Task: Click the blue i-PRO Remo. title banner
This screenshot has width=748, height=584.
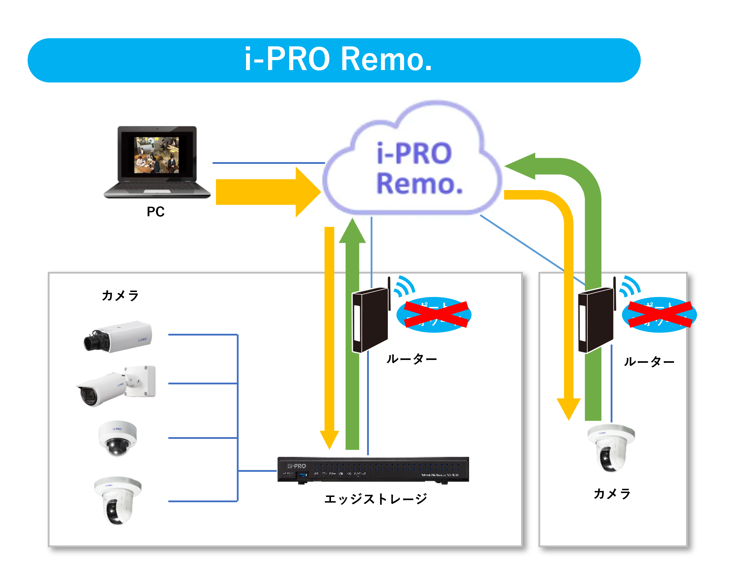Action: coord(334,60)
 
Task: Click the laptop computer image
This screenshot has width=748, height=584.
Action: coord(157,162)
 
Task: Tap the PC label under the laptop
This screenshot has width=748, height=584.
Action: coord(155,212)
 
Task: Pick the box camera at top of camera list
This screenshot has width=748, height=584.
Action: coord(118,337)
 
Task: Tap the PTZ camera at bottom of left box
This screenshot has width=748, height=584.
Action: coord(118,499)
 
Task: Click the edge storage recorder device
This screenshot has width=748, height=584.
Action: coord(373,469)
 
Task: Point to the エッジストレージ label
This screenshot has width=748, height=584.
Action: coord(376,499)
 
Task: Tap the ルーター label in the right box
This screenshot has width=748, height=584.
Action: coord(649,362)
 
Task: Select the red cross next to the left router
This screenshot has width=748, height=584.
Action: coord(436,314)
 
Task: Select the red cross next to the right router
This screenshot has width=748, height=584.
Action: coord(660,314)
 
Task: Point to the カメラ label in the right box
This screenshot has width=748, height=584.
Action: coord(612,493)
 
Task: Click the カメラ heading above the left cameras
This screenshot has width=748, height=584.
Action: coord(120,295)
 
